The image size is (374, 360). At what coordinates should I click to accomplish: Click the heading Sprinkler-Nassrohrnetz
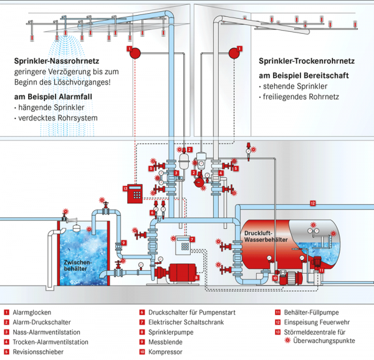(x=59, y=62)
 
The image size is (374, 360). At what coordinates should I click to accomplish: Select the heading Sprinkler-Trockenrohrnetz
(x=306, y=62)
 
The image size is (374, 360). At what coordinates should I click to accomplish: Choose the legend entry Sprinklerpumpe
(x=168, y=332)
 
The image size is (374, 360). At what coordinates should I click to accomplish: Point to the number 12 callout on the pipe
(x=313, y=202)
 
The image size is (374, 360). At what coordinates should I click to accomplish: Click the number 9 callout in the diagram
(x=124, y=243)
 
